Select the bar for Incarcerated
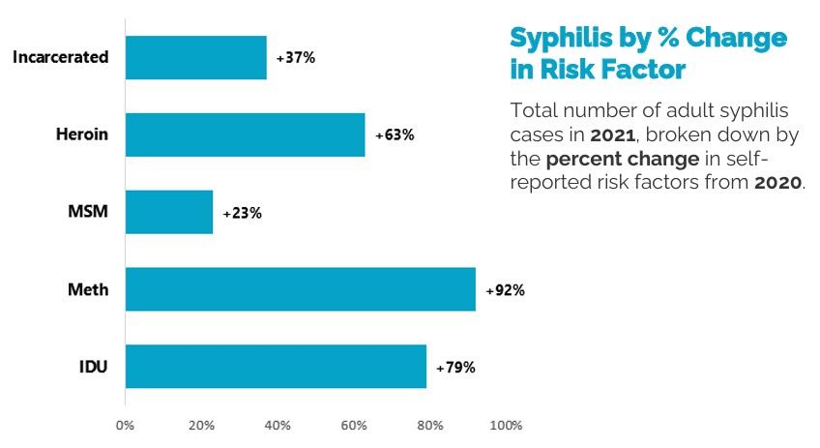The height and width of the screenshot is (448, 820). (x=195, y=57)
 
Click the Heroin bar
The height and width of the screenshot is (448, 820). (x=245, y=134)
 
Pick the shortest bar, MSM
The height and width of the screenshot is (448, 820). (x=169, y=212)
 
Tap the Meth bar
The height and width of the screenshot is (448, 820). (x=300, y=289)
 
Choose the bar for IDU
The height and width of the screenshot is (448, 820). (x=276, y=367)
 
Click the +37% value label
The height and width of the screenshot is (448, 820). (x=296, y=57)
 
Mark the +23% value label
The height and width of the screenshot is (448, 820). (x=242, y=213)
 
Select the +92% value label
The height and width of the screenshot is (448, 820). (x=505, y=290)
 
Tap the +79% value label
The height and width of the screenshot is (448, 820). (x=455, y=368)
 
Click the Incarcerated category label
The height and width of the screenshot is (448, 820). (x=60, y=57)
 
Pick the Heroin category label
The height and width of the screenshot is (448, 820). (x=81, y=134)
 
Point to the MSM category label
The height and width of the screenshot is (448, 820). (x=89, y=212)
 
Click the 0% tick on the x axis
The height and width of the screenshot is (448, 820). (x=125, y=425)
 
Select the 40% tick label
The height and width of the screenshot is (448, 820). (x=278, y=425)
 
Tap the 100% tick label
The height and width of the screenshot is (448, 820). (x=507, y=425)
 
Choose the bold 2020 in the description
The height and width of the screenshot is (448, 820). (x=777, y=182)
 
